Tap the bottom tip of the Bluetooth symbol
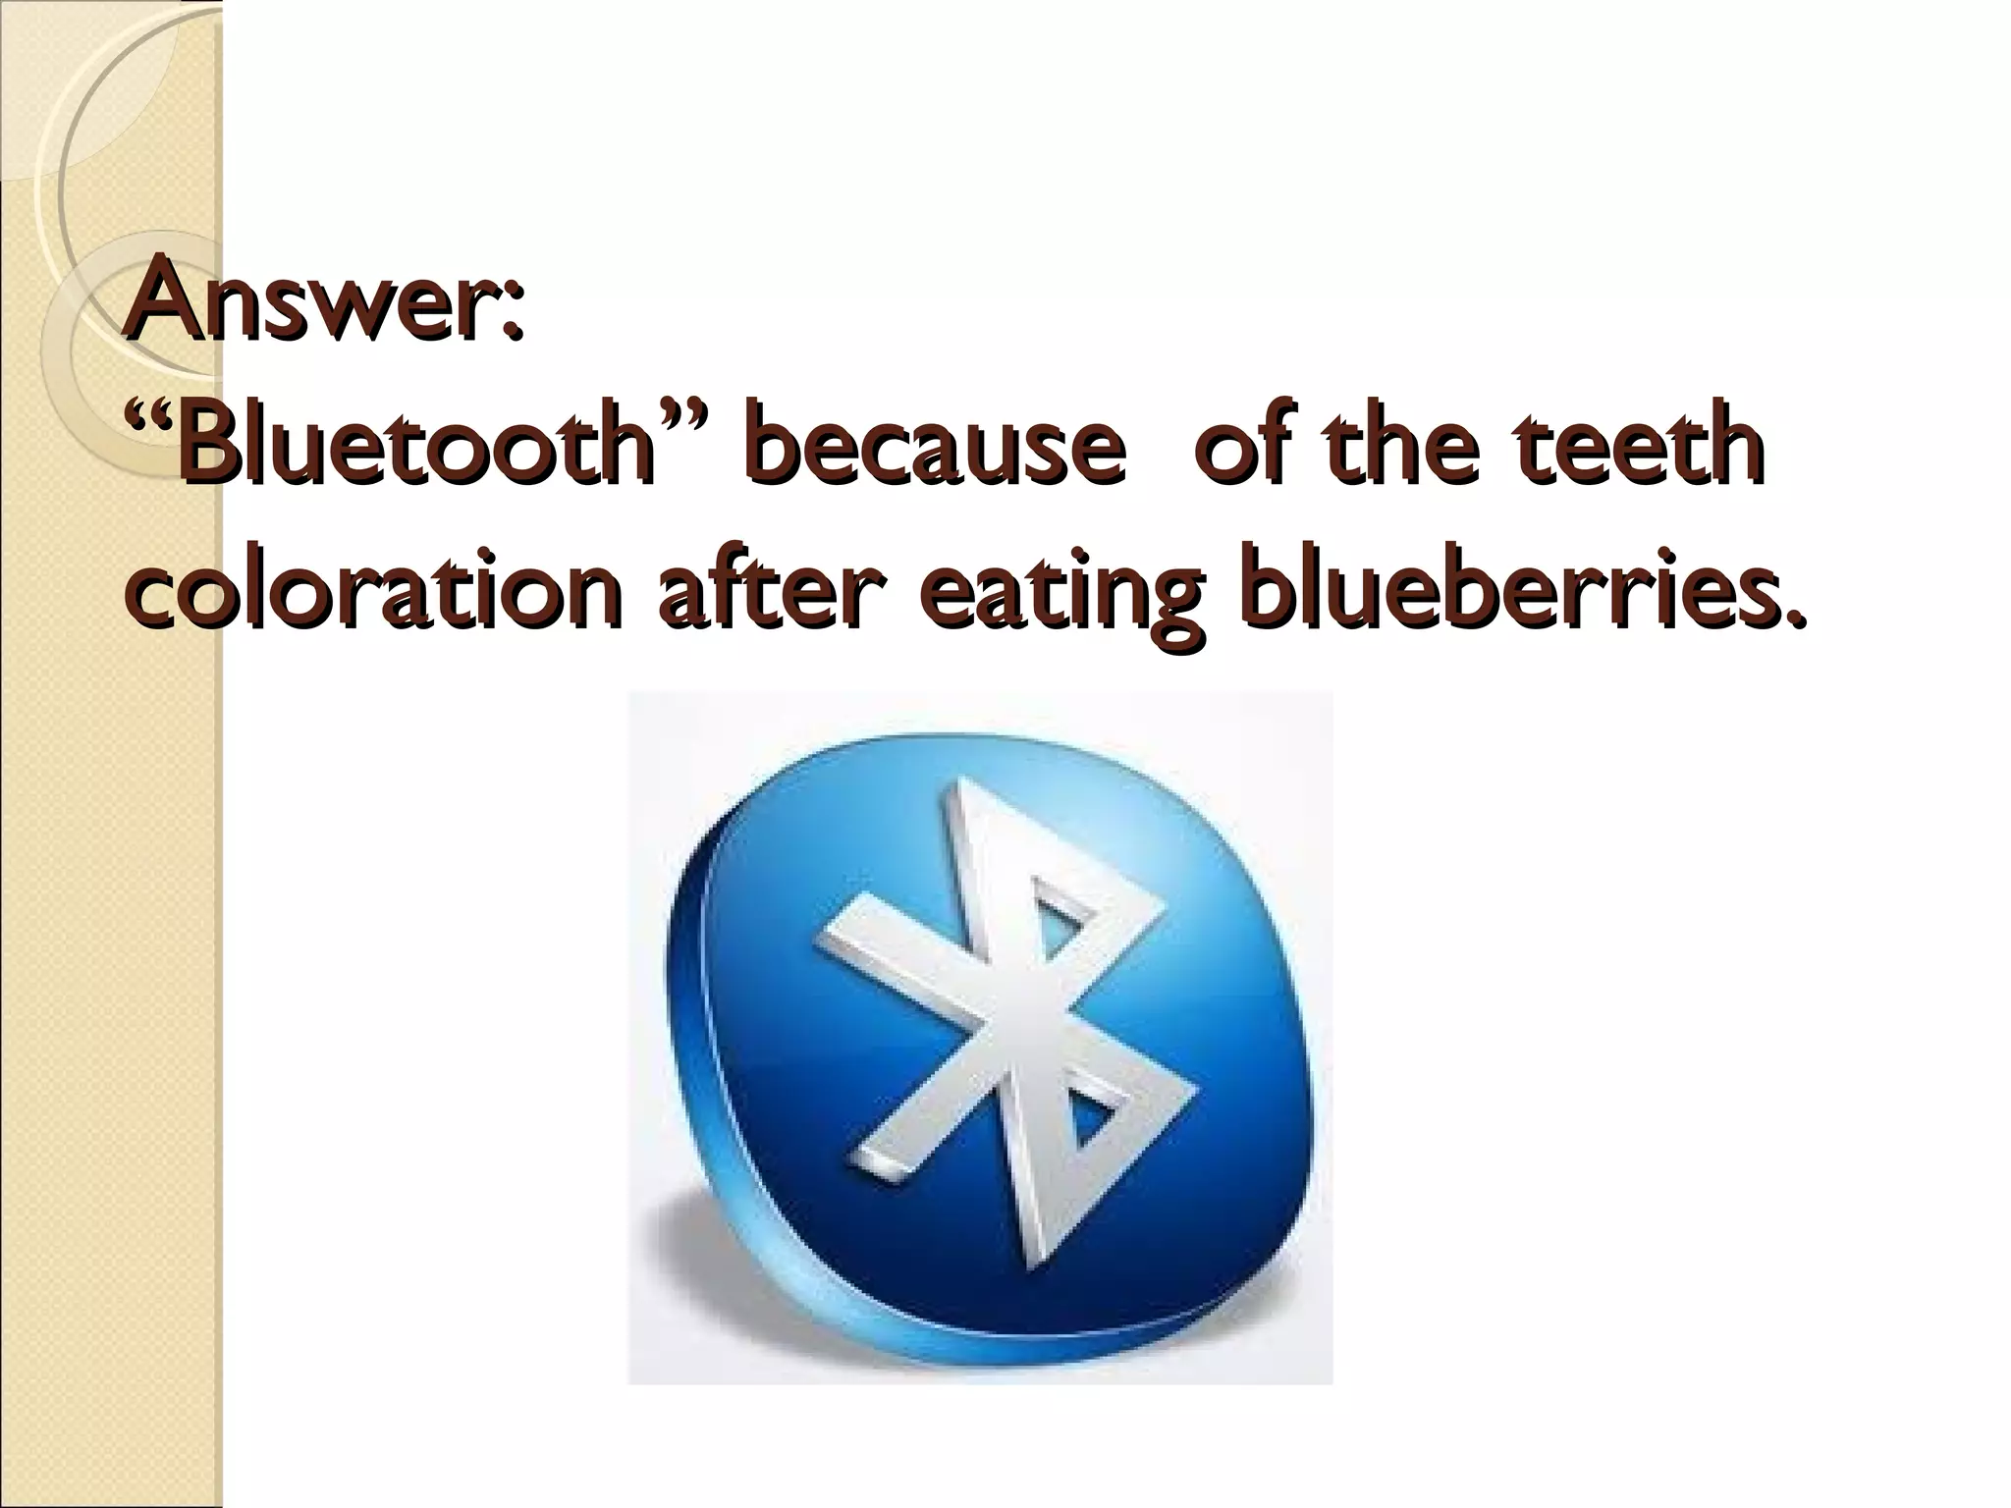[1031, 1266]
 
